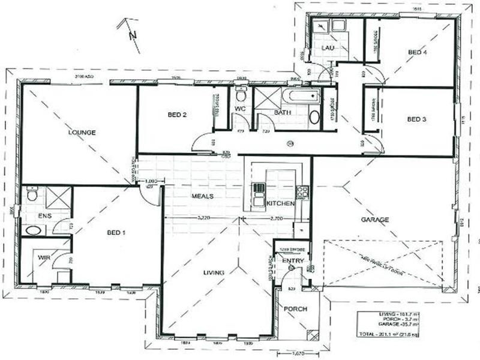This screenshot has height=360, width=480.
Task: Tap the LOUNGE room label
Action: tap(82, 132)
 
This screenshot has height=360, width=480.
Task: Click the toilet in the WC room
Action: tap(241, 95)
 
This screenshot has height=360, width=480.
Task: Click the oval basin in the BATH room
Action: tap(314, 117)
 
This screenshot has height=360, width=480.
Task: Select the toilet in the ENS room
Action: tap(32, 195)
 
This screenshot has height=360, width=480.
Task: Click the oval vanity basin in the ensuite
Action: tap(31, 230)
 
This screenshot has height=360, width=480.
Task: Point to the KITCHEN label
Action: tap(280, 204)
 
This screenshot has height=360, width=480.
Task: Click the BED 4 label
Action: tap(417, 53)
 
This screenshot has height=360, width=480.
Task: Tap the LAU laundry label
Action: tap(327, 47)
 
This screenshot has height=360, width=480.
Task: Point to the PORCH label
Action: tap(296, 309)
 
